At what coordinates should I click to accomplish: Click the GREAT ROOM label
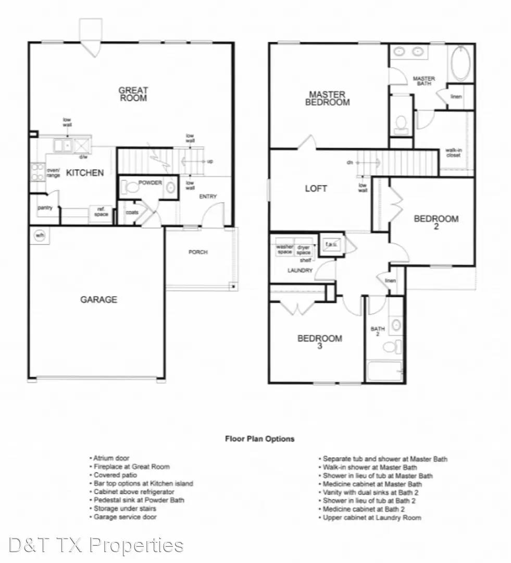coord(133,94)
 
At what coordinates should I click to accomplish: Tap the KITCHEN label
coord(85,173)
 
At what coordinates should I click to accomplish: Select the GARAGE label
coord(98,300)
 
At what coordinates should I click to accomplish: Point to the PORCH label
coord(198,252)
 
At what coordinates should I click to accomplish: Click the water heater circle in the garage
coord(40,236)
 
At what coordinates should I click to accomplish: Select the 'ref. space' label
coord(101,212)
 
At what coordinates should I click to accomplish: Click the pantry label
coord(45,208)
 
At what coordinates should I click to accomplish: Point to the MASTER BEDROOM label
coord(327,99)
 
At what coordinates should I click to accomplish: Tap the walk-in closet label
coord(453,152)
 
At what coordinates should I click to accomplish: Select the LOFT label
coord(316,188)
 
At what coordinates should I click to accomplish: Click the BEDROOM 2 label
coord(436,222)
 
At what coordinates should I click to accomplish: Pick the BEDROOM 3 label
coord(319,342)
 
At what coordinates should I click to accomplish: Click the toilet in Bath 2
coord(397,346)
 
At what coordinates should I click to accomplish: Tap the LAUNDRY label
coord(300,271)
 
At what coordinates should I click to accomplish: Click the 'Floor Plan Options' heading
coord(259,438)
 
